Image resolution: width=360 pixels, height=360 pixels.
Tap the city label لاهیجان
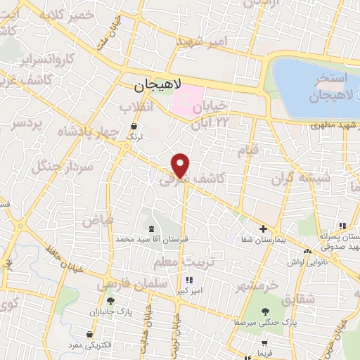click(157, 86)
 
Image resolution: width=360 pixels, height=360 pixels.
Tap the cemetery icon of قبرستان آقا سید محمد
click(151, 228)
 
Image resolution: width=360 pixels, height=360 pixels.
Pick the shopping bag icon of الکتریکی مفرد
click(89, 334)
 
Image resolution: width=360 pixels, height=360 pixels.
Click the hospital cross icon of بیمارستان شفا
click(263, 229)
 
